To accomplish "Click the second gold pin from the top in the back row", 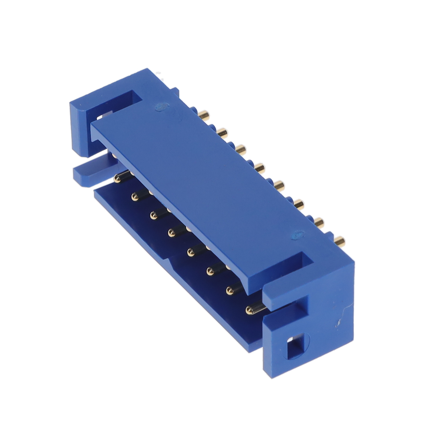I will point(223,132).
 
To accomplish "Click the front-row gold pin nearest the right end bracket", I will point(251,309).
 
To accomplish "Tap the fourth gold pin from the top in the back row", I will point(259,168).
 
